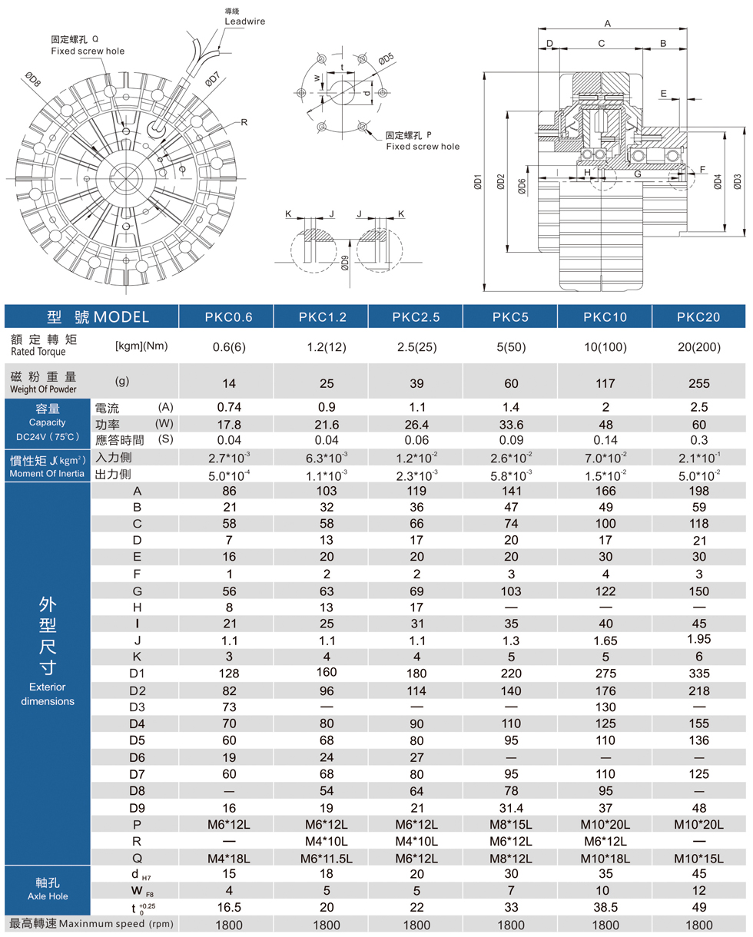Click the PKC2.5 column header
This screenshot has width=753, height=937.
(x=416, y=316)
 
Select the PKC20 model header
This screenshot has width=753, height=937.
(x=698, y=316)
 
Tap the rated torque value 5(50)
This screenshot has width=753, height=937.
(x=510, y=346)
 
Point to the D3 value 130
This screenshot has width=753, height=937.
(x=604, y=707)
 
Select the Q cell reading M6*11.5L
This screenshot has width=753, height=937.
(x=322, y=858)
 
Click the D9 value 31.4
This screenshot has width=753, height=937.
(x=510, y=808)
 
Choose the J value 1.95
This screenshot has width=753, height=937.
(x=698, y=639)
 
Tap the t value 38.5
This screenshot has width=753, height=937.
(x=604, y=908)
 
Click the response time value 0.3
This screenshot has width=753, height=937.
(x=698, y=440)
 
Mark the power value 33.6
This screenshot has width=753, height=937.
(x=510, y=424)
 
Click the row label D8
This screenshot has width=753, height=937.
(x=137, y=791)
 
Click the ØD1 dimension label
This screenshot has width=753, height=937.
(x=478, y=183)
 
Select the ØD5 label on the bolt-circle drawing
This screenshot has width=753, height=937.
(x=386, y=58)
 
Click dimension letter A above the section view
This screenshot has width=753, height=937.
(x=608, y=24)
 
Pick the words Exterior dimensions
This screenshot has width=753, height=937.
(x=48, y=694)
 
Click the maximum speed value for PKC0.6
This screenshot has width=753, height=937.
(x=227, y=925)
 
